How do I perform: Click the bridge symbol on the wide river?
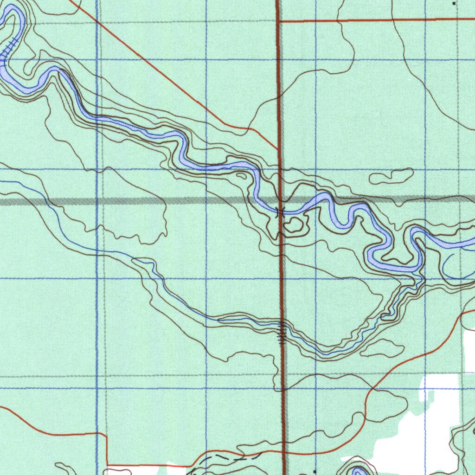click(x=280, y=212)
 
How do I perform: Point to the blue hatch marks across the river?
click(x=9, y=48)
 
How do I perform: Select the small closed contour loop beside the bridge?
click(x=294, y=226)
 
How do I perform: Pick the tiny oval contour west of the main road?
click(x=241, y=176)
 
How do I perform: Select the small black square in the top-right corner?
click(x=454, y=3)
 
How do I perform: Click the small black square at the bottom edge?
click(x=315, y=471)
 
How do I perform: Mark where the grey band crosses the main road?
click(x=280, y=200)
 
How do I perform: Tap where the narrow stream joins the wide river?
click(x=420, y=277)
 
